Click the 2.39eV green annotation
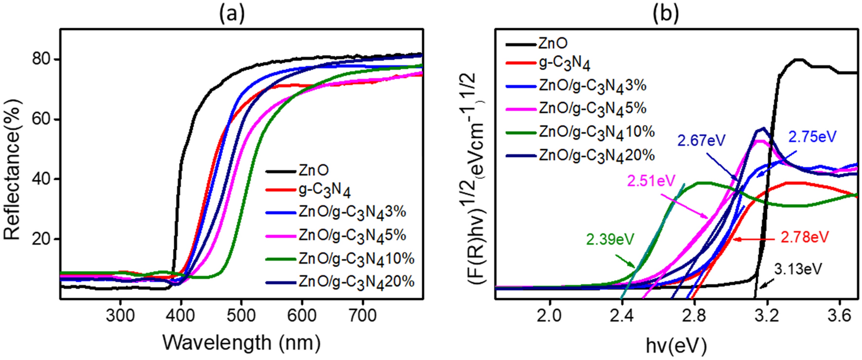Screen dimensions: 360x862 [610, 240]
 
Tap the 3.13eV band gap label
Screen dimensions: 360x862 [798, 269]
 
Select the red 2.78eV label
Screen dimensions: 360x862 [804, 238]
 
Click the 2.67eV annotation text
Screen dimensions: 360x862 [701, 141]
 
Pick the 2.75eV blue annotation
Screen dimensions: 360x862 [812, 137]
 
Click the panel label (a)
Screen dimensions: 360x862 [231, 14]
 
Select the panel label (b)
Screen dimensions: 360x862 [665, 14]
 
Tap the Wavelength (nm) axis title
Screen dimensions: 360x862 [241, 342]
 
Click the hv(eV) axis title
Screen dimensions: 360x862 [675, 345]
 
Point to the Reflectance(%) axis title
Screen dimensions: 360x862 [13, 169]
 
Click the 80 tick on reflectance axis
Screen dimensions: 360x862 [41, 59]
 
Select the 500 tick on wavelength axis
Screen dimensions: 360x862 [241, 316]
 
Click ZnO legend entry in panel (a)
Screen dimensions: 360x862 [313, 171]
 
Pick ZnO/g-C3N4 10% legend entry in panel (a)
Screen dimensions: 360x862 [356, 259]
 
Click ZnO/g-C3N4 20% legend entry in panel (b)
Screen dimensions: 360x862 [596, 155]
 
